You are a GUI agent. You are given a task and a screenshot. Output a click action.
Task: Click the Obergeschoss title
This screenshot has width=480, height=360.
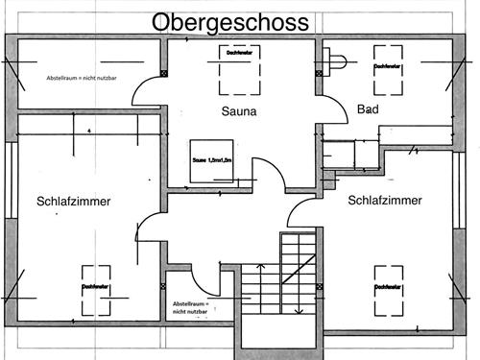[x=229, y=20]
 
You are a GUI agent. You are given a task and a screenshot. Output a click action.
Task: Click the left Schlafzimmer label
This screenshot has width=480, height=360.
[x=74, y=202]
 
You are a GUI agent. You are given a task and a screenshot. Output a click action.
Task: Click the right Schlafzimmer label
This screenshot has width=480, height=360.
[x=386, y=202]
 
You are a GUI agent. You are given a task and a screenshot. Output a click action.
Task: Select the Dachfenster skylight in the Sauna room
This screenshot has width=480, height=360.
[x=238, y=72]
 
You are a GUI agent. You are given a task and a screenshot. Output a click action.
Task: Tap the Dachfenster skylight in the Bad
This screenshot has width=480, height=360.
[x=387, y=73]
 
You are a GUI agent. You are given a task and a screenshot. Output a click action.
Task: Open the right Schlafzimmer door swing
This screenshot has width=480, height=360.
[x=303, y=213]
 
